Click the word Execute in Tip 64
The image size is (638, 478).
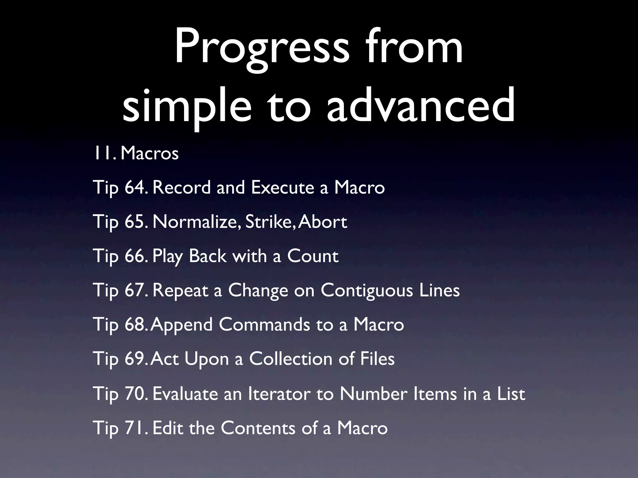point(283,188)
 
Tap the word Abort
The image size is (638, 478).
point(322,222)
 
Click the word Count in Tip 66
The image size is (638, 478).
point(312,256)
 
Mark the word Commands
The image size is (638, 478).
point(264,325)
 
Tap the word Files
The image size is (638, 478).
point(377,359)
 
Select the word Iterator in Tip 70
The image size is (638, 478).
point(279,394)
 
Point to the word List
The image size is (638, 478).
point(511,394)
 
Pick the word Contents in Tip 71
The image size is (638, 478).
point(258,428)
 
